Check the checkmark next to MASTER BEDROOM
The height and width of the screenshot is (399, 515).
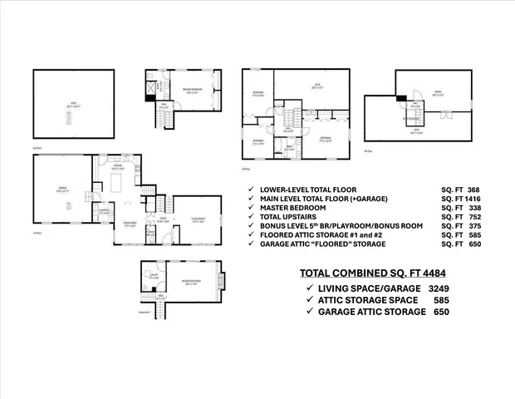click(251, 210)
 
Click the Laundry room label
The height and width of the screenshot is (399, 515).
click(104, 211)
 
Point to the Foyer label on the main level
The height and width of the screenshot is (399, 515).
click(163, 220)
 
